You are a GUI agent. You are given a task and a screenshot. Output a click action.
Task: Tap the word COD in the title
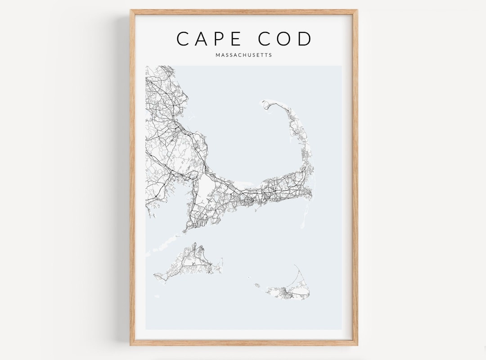tap(285, 39)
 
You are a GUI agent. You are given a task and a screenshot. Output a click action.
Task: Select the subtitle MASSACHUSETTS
tap(243, 55)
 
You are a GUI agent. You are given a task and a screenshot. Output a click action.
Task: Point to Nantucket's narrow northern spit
tap(299, 272)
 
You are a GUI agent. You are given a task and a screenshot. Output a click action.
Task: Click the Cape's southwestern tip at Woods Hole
tap(184, 231)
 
